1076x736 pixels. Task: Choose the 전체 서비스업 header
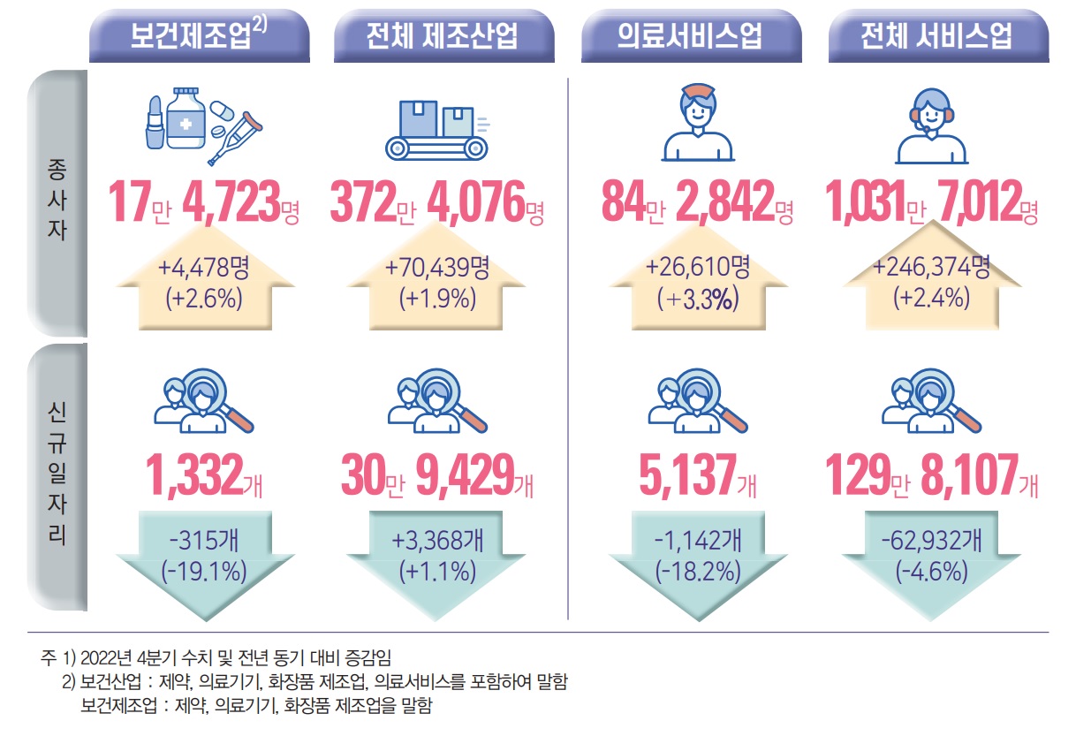coord(937,36)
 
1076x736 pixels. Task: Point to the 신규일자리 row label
coord(57,477)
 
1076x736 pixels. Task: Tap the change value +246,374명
coord(932,265)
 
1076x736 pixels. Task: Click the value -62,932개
coord(931,538)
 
